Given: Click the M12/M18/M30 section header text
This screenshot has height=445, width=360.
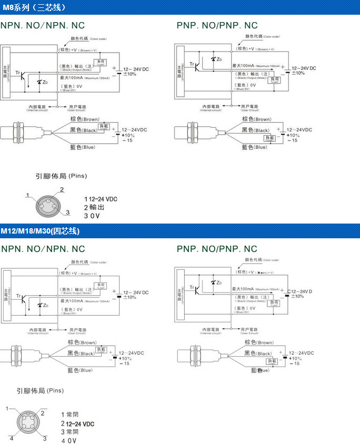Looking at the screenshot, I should [40, 231].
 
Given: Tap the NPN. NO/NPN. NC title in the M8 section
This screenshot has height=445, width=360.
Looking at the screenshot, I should [43, 25].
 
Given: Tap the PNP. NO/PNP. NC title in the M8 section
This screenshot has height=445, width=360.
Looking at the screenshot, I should [217, 25].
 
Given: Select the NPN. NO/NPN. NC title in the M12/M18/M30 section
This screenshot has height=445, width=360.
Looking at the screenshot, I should [43, 249].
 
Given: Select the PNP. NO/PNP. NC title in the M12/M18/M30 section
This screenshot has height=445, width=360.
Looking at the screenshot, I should [217, 249].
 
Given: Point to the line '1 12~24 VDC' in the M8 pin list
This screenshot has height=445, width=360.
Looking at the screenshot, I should [101, 199].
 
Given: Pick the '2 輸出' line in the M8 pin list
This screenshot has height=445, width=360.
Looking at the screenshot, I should [94, 207].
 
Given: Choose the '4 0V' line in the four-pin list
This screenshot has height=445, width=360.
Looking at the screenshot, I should [68, 441].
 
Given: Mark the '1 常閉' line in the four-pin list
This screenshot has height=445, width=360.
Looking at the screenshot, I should [70, 415].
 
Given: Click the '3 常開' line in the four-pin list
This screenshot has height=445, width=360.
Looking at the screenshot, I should [70, 432].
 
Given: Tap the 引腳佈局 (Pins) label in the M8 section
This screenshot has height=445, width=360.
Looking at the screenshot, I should [61, 176].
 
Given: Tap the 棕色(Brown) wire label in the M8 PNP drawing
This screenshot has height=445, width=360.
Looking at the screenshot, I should [256, 119].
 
